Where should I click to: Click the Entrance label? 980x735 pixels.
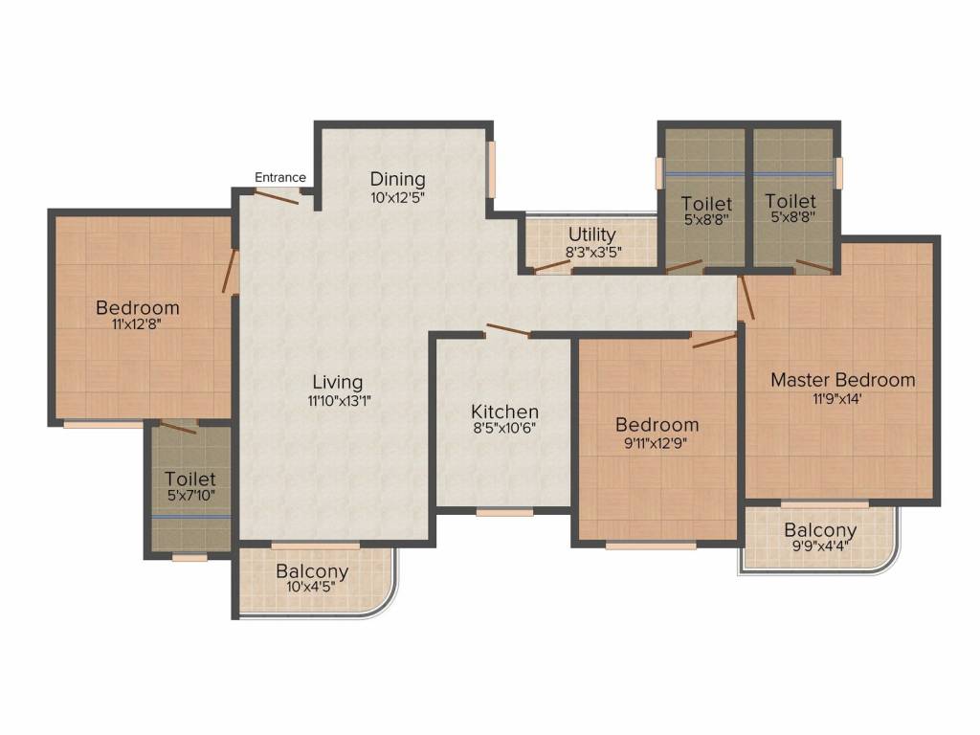(x=280, y=177)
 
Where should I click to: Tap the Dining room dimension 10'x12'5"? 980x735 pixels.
(x=397, y=198)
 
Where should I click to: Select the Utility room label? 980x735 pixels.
(x=592, y=234)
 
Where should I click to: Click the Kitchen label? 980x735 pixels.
(x=504, y=412)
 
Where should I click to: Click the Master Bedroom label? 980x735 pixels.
(x=842, y=380)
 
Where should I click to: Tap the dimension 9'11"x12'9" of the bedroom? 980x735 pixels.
(x=656, y=443)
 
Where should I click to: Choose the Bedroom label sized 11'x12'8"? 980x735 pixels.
(x=138, y=307)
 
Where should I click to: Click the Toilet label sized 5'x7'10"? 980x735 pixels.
(x=189, y=479)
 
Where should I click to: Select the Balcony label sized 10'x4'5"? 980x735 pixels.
(x=312, y=572)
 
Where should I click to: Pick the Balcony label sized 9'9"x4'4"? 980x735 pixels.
(x=820, y=530)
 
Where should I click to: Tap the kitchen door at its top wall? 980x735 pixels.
(x=507, y=331)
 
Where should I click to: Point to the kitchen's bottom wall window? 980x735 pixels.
(x=504, y=513)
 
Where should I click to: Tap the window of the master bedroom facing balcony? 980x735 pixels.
(x=824, y=503)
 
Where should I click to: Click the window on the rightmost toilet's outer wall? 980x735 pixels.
(x=838, y=173)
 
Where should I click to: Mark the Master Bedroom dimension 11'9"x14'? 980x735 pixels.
(x=842, y=399)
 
